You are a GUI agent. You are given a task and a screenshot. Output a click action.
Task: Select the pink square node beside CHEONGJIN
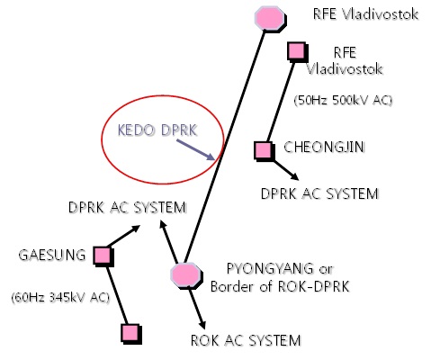pos(263,150)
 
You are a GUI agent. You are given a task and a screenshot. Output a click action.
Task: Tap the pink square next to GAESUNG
pos(103,256)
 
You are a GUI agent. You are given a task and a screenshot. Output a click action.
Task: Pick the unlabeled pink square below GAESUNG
pos(130,334)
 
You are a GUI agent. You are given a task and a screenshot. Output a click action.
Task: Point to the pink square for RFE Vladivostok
pos(295,51)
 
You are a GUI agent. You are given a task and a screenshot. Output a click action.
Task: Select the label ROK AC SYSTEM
pos(246,340)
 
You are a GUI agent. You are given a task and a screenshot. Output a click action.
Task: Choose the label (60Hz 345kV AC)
pos(57,295)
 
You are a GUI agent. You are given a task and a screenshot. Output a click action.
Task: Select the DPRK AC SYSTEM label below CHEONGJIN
pos(319,193)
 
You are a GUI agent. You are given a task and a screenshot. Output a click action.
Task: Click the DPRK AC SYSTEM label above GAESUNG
pos(127,208)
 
